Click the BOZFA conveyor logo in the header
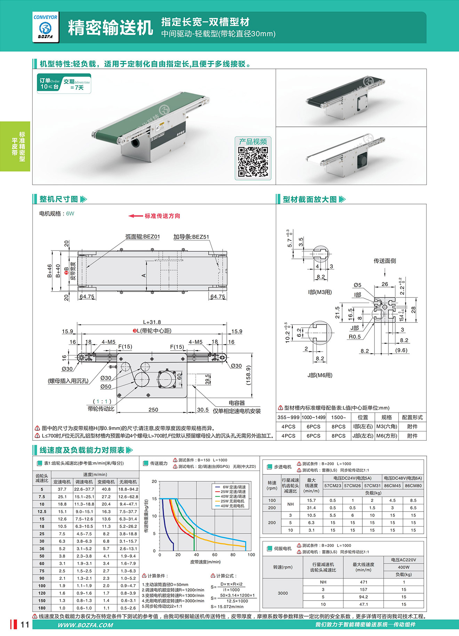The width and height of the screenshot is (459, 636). click(x=46, y=27)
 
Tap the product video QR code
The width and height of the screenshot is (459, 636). click(x=253, y=162)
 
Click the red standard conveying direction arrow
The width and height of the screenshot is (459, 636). click(x=136, y=216)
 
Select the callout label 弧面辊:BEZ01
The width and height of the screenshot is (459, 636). click(x=143, y=237)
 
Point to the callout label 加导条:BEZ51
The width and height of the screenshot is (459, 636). click(x=191, y=237)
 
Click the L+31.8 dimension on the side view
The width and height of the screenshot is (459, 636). click(x=152, y=322)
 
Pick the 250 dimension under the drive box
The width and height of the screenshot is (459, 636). click(x=153, y=410)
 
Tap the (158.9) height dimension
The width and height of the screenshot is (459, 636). click(x=248, y=375)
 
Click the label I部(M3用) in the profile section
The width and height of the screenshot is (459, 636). click(x=320, y=292)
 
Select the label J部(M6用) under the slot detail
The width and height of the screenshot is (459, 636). click(x=320, y=375)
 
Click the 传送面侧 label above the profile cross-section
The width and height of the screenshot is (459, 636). click(x=385, y=261)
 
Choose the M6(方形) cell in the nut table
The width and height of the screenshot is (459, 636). click(x=387, y=436)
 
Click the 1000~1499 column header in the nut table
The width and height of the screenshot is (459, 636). click(x=313, y=417)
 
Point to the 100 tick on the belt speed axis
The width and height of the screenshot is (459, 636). click(x=251, y=555)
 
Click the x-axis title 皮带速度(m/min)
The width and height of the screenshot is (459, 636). click(x=205, y=562)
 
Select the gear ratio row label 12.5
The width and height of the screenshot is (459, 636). click(x=42, y=512)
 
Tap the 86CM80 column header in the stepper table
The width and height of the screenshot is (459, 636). click(x=413, y=486)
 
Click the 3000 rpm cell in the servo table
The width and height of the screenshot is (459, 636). click(x=283, y=593)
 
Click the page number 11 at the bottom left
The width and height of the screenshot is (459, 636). click(x=25, y=625)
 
